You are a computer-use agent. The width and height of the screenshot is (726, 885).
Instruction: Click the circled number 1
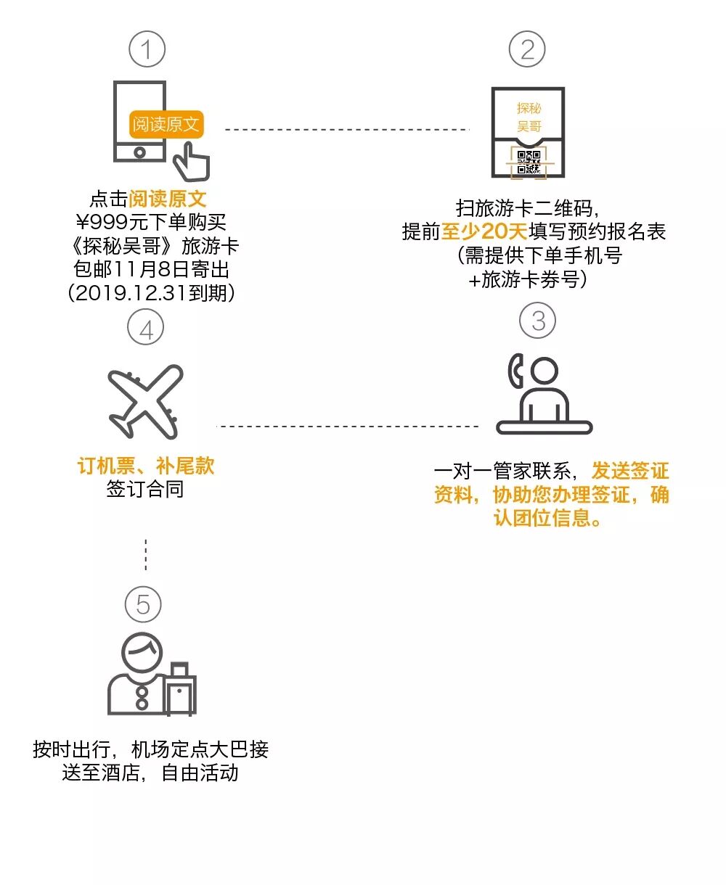pos(147,49)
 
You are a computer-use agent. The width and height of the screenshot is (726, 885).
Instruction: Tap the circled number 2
pos(528,49)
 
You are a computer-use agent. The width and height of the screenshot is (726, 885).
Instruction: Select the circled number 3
pos(538,321)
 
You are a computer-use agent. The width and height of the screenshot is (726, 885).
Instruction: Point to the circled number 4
pos(146,329)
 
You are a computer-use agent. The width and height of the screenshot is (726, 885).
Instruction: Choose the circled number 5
pos(143,604)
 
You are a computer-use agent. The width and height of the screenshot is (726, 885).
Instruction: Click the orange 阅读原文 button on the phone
pos(166,125)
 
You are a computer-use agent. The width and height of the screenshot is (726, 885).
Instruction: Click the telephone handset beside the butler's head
pos(515,371)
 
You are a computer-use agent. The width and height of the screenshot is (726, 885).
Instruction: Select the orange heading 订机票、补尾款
pos(146,466)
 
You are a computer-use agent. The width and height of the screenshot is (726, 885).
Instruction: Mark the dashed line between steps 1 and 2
pos(347,130)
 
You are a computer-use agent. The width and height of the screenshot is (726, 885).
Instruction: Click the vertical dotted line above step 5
pos(146,555)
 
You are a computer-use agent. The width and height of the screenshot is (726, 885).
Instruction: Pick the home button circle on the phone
pos(139,153)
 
